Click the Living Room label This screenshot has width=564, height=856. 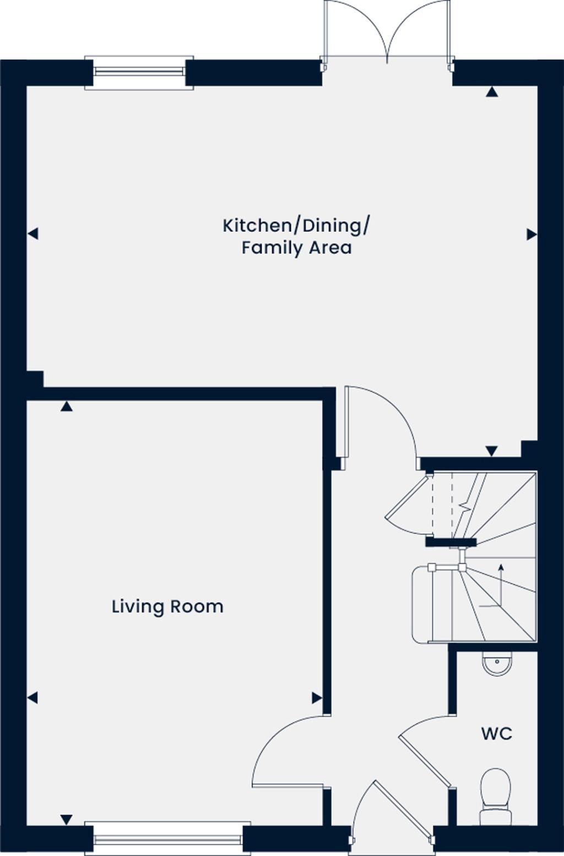coord(167,606)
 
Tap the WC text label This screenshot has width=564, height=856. coord(496,734)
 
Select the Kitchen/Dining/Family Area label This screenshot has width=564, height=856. coord(296,236)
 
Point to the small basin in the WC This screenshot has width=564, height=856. coord(497,663)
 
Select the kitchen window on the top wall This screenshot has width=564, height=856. coord(139,72)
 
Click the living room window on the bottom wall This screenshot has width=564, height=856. coord(167,839)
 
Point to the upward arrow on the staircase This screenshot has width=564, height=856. coord(501,567)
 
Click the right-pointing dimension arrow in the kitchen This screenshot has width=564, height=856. coord(532,235)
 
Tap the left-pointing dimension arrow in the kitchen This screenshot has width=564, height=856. coord(33,234)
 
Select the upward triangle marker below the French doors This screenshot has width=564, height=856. coord(492,93)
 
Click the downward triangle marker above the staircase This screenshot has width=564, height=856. coord(491,451)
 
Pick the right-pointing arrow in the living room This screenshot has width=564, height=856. coord(317,698)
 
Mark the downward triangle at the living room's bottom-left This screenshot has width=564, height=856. coord(67,820)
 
